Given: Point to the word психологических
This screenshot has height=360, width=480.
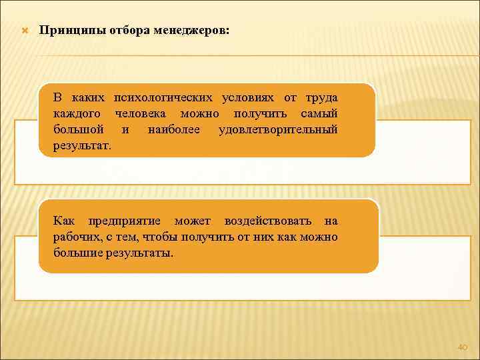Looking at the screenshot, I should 163,97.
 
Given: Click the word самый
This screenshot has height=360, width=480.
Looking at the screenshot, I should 321,113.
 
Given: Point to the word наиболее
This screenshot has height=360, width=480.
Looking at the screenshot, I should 174,129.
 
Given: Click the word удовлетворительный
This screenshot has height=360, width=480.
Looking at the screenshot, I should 278,129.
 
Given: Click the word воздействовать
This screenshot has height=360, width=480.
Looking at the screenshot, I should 269,221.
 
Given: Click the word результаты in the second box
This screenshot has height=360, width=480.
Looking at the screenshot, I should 145,253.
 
